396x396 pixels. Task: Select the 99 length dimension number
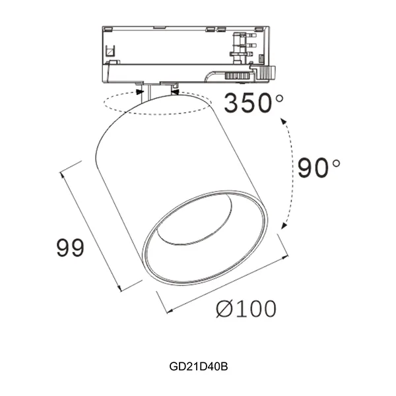click(70, 249)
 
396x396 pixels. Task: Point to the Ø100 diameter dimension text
click(246, 308)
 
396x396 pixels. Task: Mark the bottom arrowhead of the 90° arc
click(283, 226)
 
